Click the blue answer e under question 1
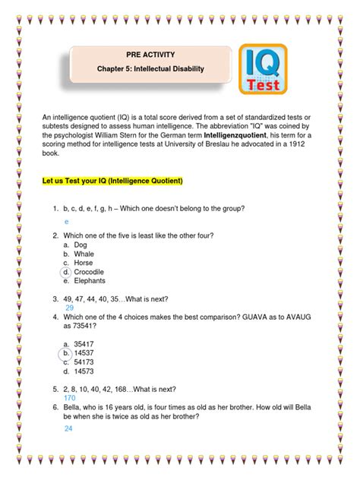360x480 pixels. [x=67, y=221]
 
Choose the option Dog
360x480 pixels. [x=84, y=245]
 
